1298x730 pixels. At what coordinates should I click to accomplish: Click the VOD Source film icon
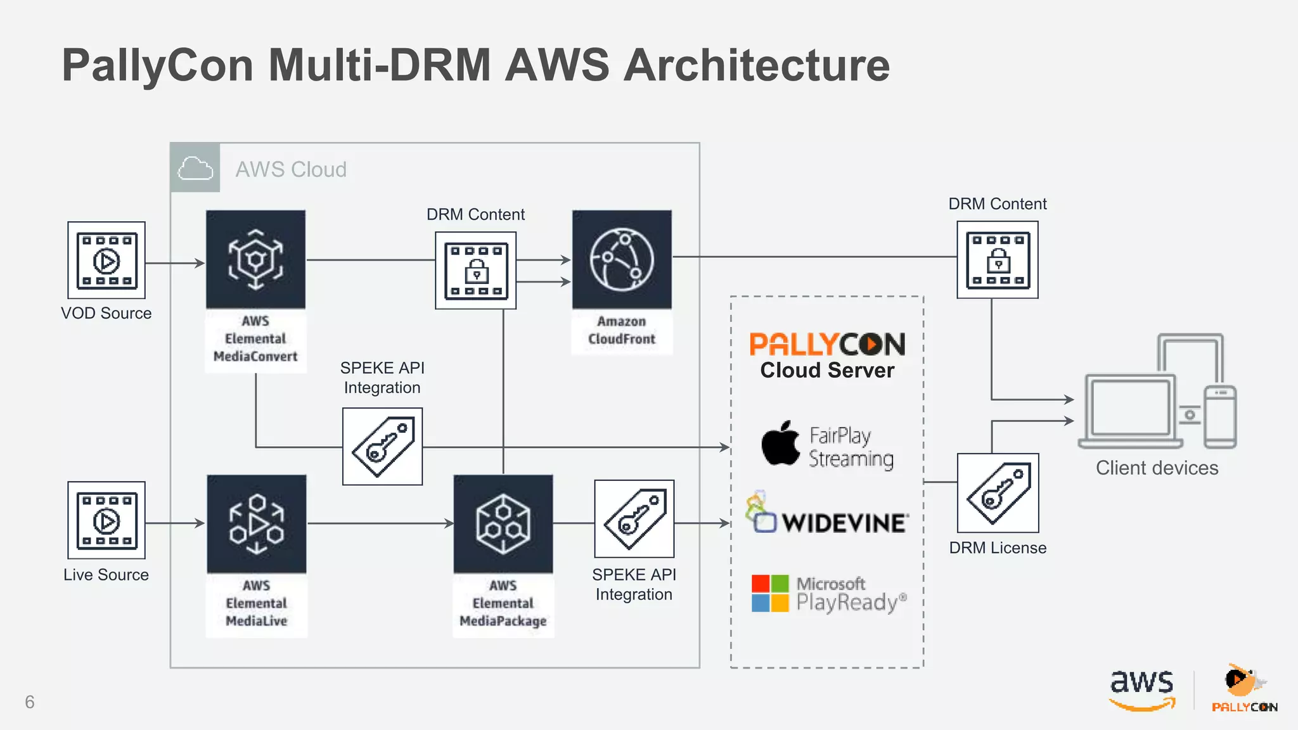[106, 260]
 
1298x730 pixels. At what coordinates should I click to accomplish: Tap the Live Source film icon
[106, 520]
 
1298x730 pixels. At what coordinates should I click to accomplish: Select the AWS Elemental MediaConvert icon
[255, 260]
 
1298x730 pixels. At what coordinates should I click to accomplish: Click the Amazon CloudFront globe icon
[622, 260]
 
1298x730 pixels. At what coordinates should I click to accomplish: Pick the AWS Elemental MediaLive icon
[257, 524]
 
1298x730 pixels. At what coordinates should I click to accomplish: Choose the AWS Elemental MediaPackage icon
[503, 524]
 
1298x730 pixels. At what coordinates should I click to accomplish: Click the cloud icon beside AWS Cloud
[195, 169]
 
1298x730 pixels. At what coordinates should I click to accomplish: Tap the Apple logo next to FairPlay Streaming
[781, 444]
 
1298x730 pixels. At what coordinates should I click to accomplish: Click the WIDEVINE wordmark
[845, 523]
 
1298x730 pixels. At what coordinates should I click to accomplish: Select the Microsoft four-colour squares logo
[770, 593]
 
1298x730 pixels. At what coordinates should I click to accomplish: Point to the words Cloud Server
[827, 370]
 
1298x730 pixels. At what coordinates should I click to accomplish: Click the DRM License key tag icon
[998, 493]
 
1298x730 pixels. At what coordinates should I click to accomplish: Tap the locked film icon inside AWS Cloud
[476, 271]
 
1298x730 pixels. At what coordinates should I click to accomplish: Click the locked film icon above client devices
[998, 260]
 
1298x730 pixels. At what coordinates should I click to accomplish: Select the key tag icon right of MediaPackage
[634, 519]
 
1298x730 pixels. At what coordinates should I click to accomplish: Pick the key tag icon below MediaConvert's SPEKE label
[382, 447]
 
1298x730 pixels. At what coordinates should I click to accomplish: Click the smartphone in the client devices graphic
[1220, 416]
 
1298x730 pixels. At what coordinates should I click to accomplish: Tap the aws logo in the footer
[1142, 689]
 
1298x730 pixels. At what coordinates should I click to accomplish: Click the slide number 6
[30, 701]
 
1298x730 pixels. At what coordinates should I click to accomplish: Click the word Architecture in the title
[757, 66]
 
